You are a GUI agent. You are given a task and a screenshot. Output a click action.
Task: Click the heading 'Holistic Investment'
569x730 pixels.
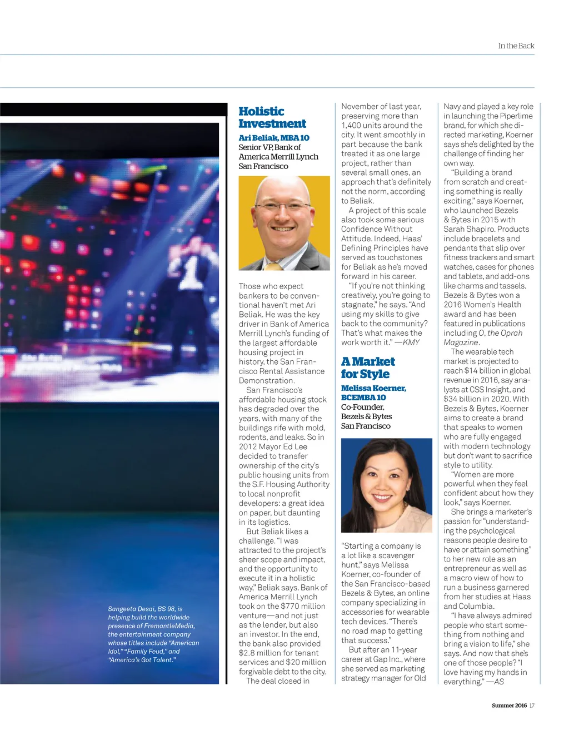point(272,117)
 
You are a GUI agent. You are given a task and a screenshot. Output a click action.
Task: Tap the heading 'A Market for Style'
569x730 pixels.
point(368,368)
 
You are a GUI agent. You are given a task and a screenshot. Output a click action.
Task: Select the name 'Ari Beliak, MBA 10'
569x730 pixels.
point(274,138)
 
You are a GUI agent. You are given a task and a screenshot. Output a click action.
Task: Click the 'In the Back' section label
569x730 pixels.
point(516,46)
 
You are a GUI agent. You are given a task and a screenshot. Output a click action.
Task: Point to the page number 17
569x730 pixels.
point(532,706)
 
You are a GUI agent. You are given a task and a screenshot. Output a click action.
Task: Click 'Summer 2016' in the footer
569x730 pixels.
point(509,706)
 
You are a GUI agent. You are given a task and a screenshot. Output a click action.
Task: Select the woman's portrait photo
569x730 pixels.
point(386,485)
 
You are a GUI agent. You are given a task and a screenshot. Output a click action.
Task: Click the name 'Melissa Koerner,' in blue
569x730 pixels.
point(373,388)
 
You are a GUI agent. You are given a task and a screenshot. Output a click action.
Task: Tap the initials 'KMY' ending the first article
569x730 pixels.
point(411,342)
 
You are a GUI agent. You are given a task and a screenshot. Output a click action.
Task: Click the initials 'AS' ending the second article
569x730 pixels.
point(498,682)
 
